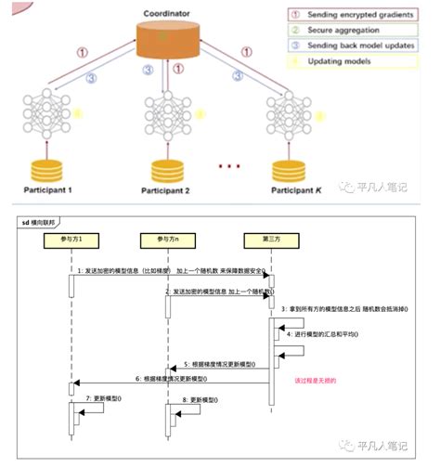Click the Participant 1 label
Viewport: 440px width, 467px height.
point(38,189)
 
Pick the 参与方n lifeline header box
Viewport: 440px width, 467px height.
point(166,240)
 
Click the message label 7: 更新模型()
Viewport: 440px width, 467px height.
point(104,397)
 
